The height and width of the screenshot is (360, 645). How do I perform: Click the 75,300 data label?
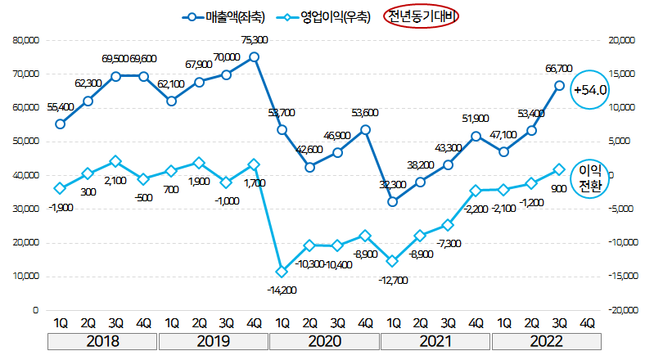pyautogui.click(x=255, y=39)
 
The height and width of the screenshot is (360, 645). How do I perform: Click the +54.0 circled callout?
pyautogui.click(x=589, y=90)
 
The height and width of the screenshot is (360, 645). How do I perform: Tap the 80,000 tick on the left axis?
pyautogui.click(x=25, y=39)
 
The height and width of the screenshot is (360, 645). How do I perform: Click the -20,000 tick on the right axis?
pyautogui.click(x=616, y=311)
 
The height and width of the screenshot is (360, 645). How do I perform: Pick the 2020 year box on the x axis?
pyautogui.click(x=323, y=340)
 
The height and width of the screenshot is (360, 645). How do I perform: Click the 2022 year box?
pyautogui.click(x=545, y=340)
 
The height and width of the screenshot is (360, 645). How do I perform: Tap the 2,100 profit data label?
pyautogui.click(x=115, y=180)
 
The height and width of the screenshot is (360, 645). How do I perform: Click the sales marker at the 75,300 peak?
pyautogui.click(x=254, y=56)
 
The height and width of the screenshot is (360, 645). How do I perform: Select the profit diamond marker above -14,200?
pyautogui.click(x=282, y=271)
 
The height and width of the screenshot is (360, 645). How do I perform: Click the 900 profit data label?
pyautogui.click(x=560, y=188)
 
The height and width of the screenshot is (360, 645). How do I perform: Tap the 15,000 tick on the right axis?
pyautogui.click(x=616, y=73)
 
